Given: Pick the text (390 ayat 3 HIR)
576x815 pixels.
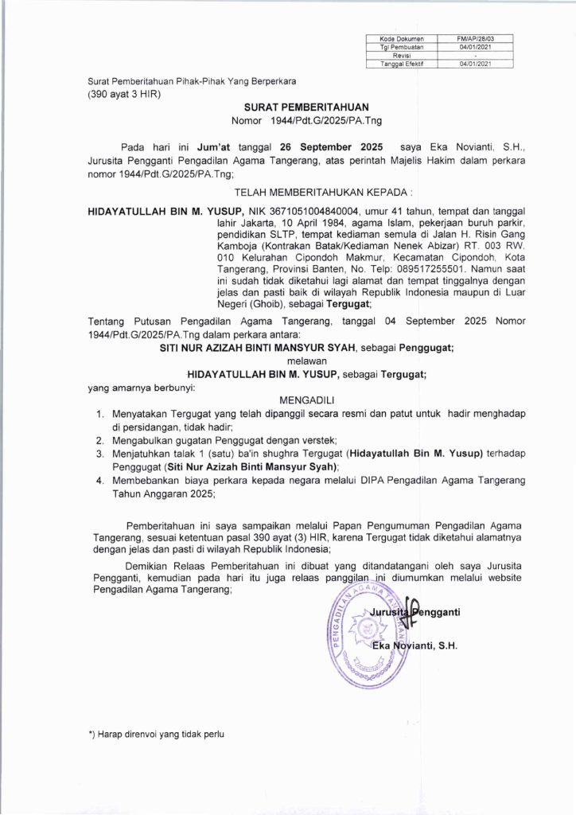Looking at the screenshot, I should (124, 94).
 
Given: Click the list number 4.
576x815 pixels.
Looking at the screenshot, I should (99, 481).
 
